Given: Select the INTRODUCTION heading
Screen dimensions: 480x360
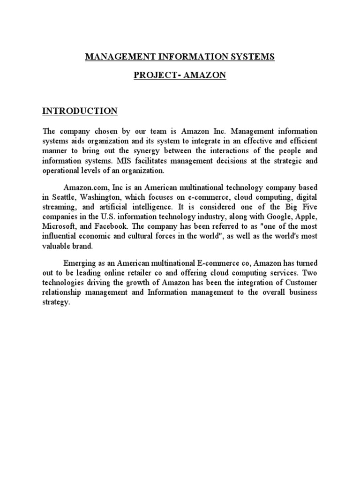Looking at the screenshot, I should [x=80, y=111].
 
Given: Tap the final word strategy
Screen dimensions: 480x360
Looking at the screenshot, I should [x=56, y=303].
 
